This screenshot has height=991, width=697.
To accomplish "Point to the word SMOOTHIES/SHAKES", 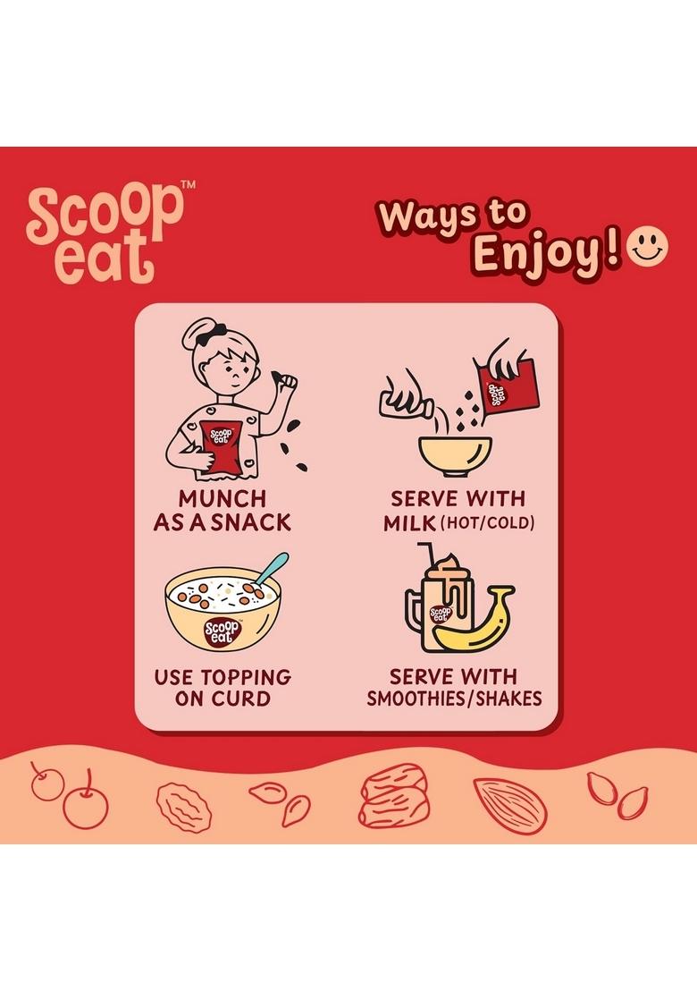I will click(x=454, y=699).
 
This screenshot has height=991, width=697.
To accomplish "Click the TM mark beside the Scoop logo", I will click(x=189, y=184).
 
